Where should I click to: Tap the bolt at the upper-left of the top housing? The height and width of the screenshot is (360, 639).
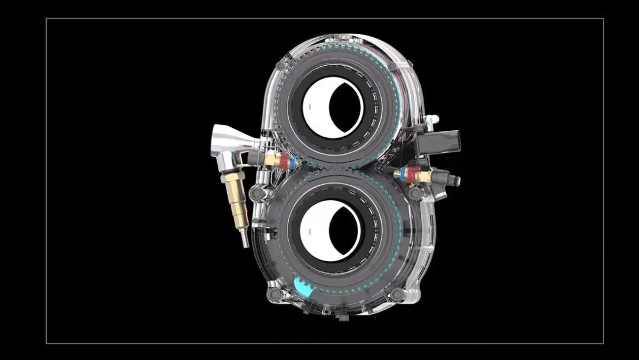click(x=286, y=62)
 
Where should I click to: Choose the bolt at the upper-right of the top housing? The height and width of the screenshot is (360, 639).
click(x=392, y=65)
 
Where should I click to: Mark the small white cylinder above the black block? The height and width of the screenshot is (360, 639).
click(x=433, y=120)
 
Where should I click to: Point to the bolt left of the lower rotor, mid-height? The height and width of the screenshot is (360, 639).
click(x=256, y=194)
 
